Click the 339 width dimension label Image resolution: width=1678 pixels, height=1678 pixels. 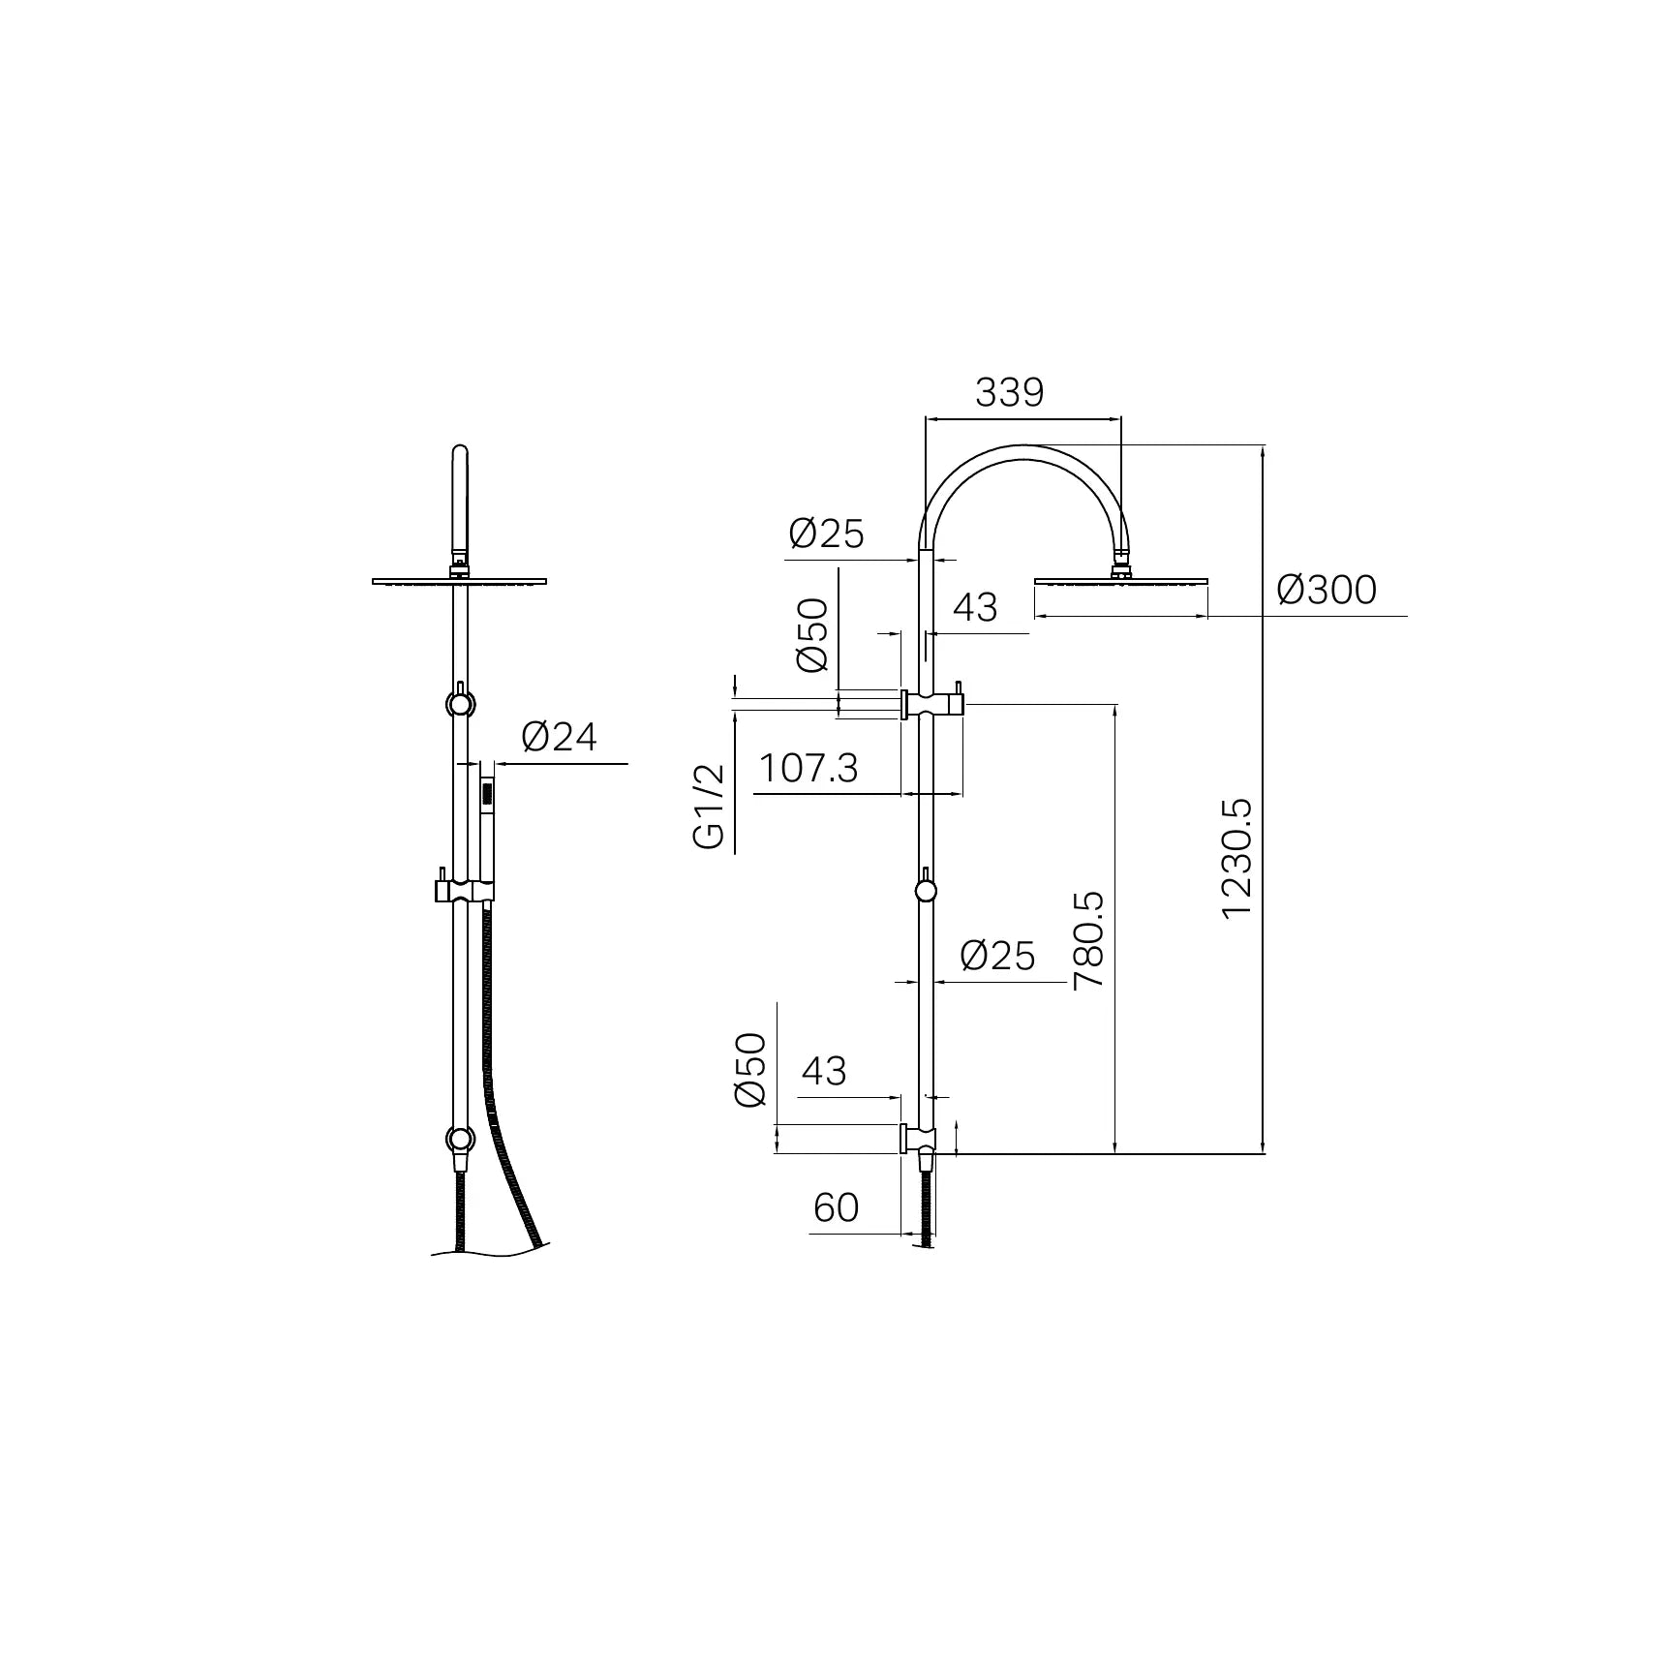(x=1009, y=393)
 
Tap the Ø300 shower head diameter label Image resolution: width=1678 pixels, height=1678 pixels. (x=1327, y=590)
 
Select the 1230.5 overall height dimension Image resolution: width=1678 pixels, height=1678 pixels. (x=1237, y=858)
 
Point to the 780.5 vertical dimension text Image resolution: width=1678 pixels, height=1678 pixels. (x=1088, y=939)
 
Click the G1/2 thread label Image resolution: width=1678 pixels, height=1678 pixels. (x=710, y=807)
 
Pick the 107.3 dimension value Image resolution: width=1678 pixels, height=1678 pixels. (x=808, y=769)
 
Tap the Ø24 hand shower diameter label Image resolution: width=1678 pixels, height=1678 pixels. (x=560, y=738)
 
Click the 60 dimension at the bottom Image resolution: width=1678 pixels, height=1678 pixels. (x=837, y=1207)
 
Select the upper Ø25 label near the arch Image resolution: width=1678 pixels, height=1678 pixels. (x=826, y=534)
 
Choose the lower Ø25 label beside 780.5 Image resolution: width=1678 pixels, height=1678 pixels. (x=997, y=957)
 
